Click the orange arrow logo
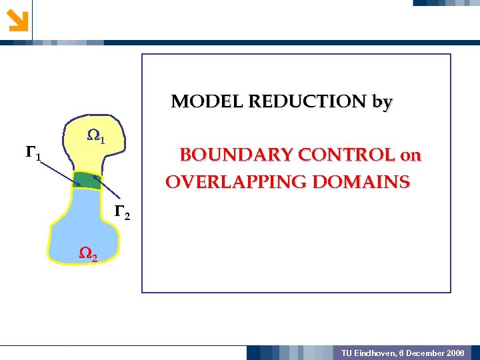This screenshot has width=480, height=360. coord(18,19)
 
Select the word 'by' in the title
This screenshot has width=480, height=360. coord(383,103)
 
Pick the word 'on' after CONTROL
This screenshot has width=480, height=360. coord(411,156)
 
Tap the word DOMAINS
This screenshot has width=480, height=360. coord(369,182)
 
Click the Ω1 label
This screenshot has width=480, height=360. coord(96,138)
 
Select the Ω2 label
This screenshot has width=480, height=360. coord(89,253)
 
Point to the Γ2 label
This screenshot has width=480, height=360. coord(122,213)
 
